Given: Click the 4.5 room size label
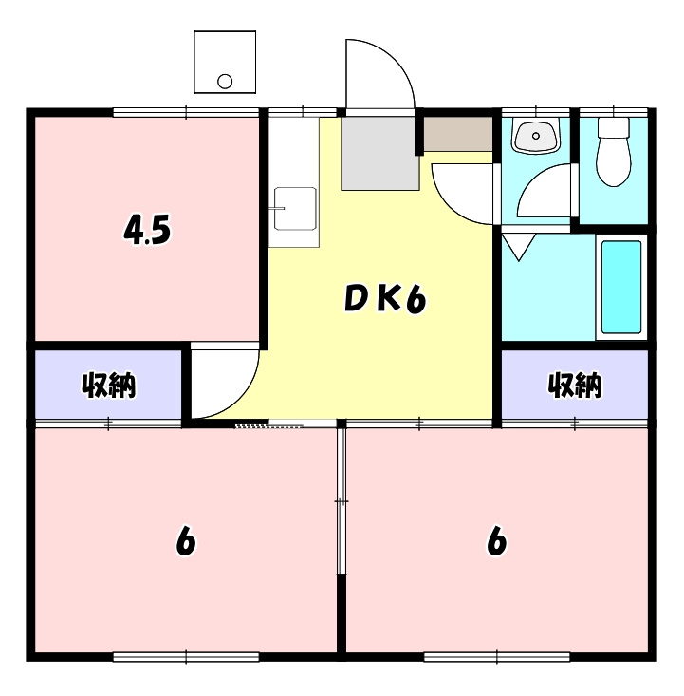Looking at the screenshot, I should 148,231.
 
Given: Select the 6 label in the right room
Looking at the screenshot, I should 496,541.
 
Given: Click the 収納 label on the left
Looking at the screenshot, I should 108,386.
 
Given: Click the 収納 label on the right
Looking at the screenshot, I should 575,385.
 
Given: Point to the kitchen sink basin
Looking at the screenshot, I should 294,209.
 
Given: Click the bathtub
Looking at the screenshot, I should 621,287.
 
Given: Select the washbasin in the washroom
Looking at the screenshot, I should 536,137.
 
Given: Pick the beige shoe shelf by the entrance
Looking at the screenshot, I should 457,134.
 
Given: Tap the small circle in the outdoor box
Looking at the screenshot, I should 225,81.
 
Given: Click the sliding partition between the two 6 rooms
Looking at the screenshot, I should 342,500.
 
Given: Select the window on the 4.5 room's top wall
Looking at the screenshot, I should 186,112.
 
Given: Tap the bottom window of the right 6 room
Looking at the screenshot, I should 496,656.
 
